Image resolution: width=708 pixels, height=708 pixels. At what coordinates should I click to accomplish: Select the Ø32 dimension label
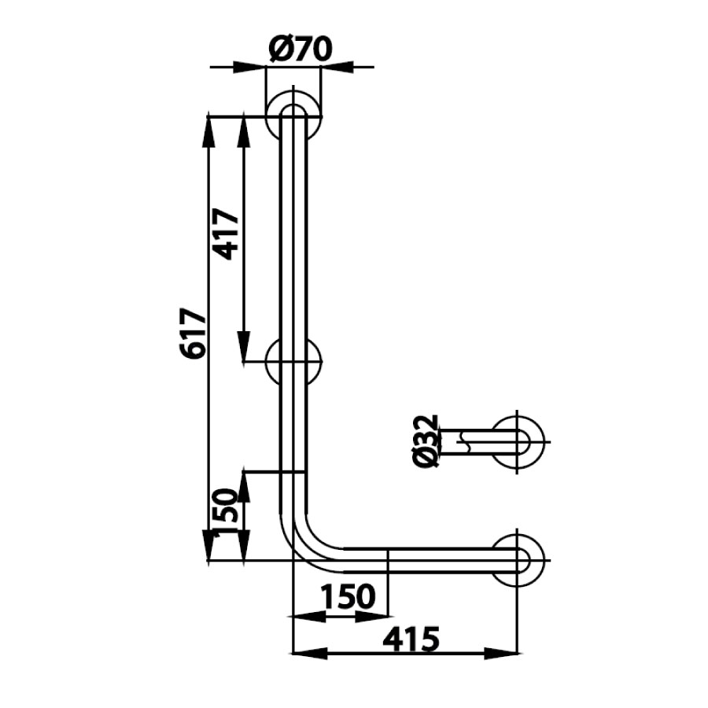click(x=425, y=441)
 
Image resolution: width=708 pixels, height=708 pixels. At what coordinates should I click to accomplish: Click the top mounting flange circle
click(x=293, y=116)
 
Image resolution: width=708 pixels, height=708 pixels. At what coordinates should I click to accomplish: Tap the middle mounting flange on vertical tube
click(x=293, y=362)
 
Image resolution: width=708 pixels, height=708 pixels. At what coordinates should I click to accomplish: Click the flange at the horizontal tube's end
click(x=518, y=559)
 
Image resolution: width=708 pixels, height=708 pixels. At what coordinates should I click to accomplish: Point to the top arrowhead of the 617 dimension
click(x=208, y=131)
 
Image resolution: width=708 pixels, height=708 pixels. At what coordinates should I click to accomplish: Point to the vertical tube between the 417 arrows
click(x=293, y=236)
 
